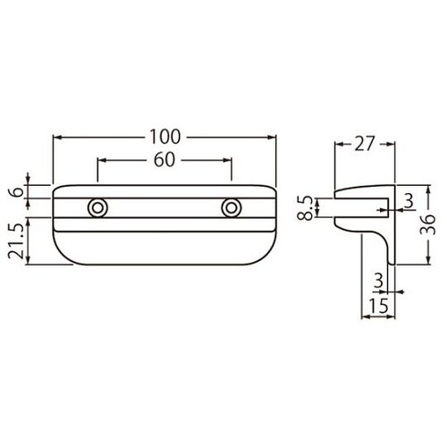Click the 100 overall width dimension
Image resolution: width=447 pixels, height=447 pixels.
(x=164, y=137)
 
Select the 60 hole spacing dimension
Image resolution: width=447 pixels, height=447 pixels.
(x=164, y=160)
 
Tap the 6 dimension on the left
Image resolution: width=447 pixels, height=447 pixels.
(x=19, y=191)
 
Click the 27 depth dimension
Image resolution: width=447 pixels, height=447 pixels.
(x=364, y=144)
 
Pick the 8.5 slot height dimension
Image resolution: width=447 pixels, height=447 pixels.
(x=306, y=207)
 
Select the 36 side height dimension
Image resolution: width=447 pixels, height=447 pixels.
(x=428, y=224)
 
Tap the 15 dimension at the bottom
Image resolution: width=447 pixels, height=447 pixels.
(x=379, y=306)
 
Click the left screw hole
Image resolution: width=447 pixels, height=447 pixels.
(x=97, y=207)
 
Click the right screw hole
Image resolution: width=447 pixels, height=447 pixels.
(x=232, y=207)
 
